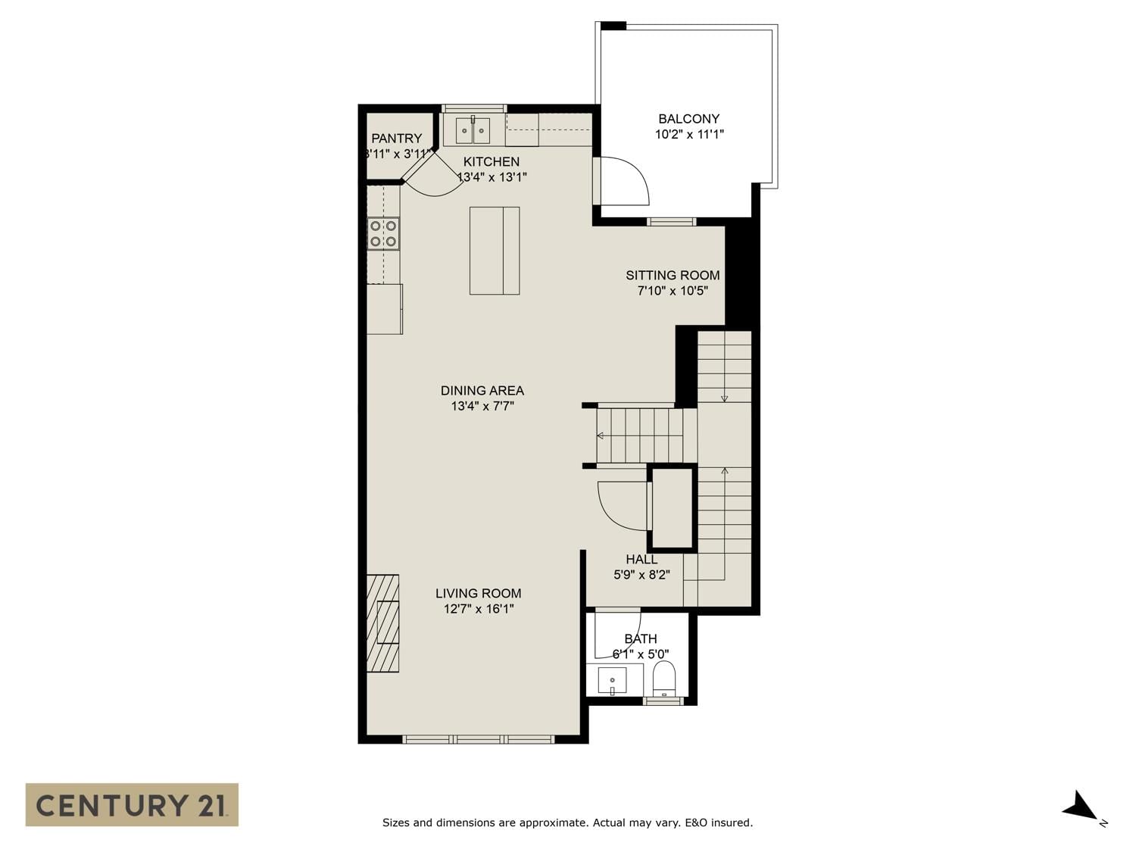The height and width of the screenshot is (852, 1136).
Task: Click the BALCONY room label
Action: (x=688, y=118)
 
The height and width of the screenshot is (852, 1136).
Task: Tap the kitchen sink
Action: (x=473, y=130)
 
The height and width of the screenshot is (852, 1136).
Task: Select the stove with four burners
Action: (x=383, y=234)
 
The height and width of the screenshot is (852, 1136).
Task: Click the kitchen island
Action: (x=495, y=251)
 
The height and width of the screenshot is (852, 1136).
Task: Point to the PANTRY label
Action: (x=397, y=138)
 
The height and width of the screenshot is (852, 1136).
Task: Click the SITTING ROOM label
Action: (x=673, y=275)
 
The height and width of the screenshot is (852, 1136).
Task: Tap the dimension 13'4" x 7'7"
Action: (x=482, y=406)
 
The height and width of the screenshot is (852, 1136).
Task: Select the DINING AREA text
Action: (x=482, y=391)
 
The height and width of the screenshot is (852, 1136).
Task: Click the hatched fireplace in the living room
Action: (x=383, y=623)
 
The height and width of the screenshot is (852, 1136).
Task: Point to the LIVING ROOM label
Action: (x=478, y=593)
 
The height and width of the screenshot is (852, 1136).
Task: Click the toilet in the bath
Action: (x=664, y=678)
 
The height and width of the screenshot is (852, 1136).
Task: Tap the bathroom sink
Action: (x=612, y=680)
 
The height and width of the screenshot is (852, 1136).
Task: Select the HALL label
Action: (x=641, y=559)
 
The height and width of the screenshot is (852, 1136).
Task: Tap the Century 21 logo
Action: (x=132, y=806)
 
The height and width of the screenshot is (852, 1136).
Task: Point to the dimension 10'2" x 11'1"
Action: (x=689, y=135)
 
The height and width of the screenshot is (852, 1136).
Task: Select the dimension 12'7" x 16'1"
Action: (x=478, y=609)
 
